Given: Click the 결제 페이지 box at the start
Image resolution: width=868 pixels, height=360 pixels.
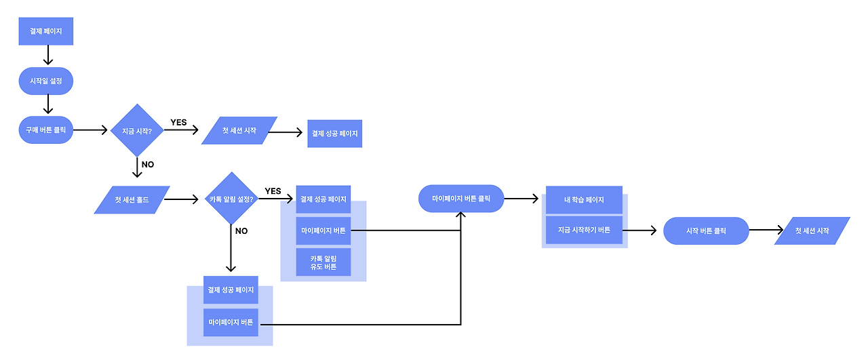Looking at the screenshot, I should [x=45, y=32].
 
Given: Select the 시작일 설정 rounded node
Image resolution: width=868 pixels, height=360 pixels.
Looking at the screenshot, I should [x=45, y=81].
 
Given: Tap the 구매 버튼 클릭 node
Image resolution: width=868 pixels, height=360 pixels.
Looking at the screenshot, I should [x=45, y=129].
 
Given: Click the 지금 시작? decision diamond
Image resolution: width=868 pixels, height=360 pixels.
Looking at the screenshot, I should [x=137, y=129].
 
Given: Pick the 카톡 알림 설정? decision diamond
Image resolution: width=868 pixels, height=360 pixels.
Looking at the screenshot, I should [x=231, y=199].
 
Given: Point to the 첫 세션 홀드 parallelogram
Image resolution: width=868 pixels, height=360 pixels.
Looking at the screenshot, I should [x=132, y=199].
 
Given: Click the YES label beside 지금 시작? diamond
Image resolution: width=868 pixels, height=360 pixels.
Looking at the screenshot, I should [x=178, y=123].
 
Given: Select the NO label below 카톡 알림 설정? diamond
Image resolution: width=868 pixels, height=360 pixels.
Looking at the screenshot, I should [x=241, y=231].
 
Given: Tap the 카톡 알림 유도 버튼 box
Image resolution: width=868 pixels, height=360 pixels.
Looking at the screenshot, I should [x=323, y=262].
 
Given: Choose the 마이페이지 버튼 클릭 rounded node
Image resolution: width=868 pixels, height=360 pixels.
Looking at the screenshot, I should [x=461, y=199].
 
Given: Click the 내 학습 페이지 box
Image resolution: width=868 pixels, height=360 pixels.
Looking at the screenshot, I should [x=584, y=200].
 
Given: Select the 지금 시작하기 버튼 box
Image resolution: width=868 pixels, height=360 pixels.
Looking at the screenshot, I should [x=584, y=231].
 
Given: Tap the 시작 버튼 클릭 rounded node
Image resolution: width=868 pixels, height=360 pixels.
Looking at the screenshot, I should [x=706, y=231].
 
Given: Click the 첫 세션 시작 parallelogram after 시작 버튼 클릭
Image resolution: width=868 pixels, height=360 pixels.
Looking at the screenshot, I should [x=812, y=231].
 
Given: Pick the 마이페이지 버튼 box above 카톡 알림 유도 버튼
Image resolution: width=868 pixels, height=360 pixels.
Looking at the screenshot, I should [x=323, y=231].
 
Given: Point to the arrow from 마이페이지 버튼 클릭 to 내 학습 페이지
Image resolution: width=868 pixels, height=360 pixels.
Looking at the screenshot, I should [x=522, y=199].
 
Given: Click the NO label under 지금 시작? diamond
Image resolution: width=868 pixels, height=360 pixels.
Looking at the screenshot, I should [x=147, y=165].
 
